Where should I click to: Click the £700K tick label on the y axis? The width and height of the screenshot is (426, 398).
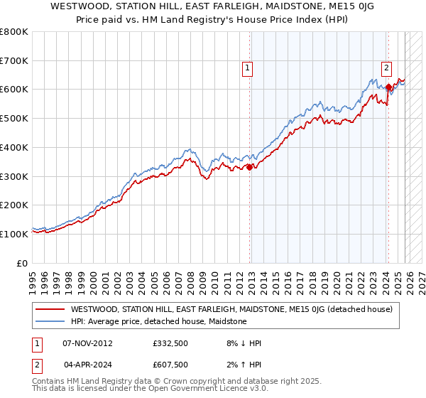coord(14,61)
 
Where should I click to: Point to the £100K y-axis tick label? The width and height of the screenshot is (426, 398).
coord(14,234)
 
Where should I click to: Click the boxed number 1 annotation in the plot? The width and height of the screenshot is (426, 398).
coord(247,68)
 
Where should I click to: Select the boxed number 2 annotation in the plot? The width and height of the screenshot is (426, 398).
coord(386,68)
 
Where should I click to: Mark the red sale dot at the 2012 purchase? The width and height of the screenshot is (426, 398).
coord(249,168)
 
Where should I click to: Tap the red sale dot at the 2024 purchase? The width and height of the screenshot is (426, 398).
coord(388,88)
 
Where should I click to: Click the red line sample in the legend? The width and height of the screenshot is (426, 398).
coord(50,309)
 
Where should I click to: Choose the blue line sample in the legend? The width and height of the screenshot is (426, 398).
coord(50,321)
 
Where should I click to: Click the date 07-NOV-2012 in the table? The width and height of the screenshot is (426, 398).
coord(87,343)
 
